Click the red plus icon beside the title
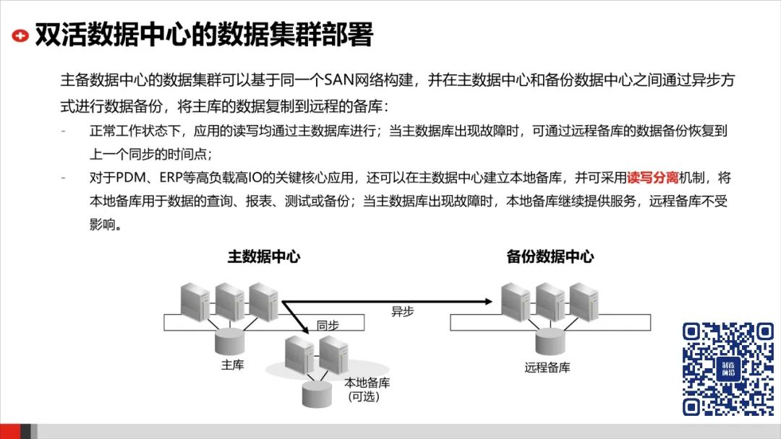[x=22, y=35]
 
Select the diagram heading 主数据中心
[x=264, y=256]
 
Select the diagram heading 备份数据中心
[x=550, y=256]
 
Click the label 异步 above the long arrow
[x=403, y=312]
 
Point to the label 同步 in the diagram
[x=328, y=326]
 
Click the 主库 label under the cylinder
[x=232, y=365]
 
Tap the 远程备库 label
[x=547, y=368]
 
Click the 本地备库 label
[x=366, y=383]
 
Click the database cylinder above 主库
[x=232, y=337]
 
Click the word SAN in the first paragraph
[x=344, y=79]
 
